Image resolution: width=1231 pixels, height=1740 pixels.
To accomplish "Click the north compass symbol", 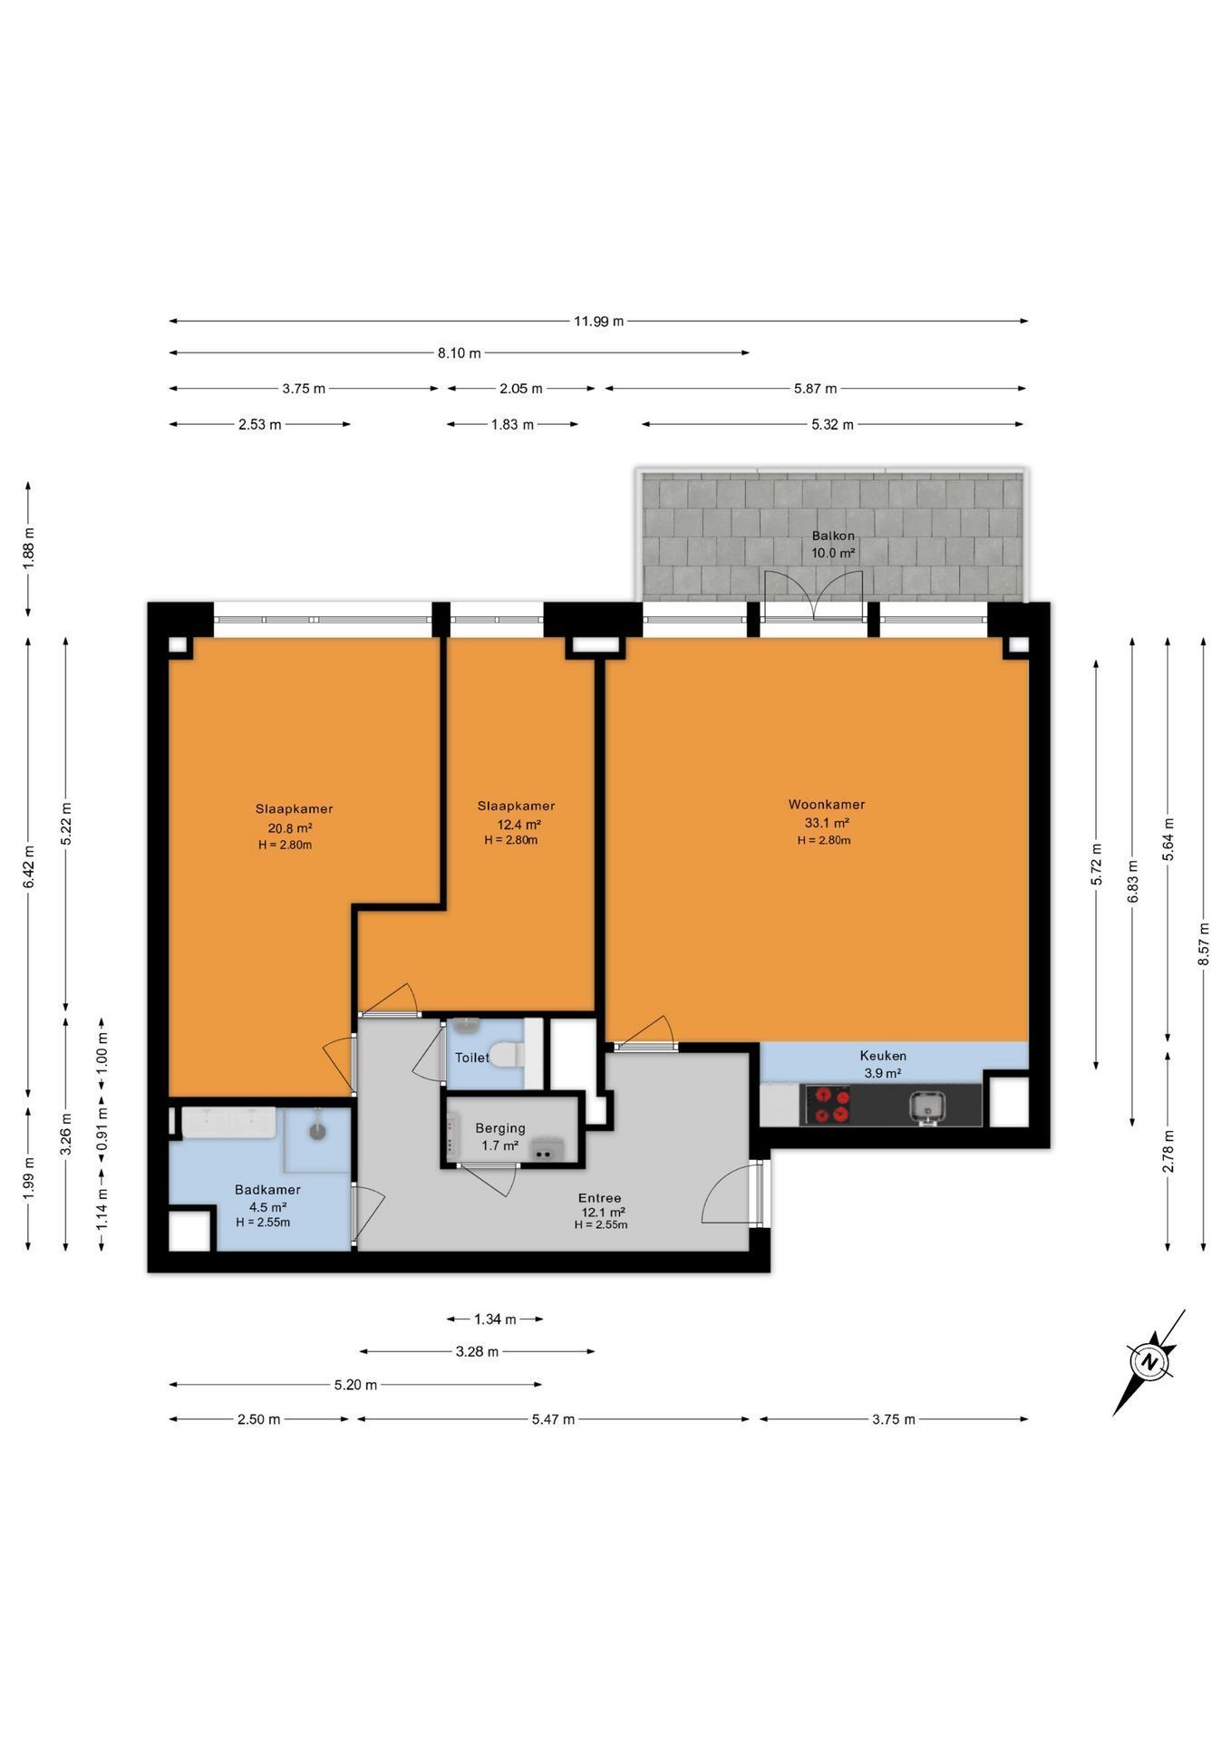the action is click(x=1149, y=1362).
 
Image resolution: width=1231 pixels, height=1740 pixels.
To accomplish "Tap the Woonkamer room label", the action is click(x=826, y=804).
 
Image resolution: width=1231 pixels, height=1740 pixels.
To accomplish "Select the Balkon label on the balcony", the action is click(x=833, y=536).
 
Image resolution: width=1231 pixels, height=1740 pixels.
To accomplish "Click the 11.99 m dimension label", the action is click(x=598, y=321).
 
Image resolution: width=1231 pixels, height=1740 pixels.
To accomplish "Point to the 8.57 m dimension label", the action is click(x=1203, y=944).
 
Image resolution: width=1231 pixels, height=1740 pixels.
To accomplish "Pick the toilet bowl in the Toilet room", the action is click(x=507, y=1055).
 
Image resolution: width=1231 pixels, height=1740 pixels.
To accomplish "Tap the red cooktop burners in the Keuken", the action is click(x=830, y=1105).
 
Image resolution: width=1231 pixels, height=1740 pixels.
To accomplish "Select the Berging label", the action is click(x=500, y=1128).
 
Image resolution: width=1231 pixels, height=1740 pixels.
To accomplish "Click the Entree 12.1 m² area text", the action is click(x=603, y=1212).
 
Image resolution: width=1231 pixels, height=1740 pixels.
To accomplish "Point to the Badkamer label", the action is click(x=267, y=1190).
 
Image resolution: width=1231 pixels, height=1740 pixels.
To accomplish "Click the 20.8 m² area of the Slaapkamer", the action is click(x=290, y=827).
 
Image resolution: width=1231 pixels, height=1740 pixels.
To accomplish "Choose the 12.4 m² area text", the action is click(x=519, y=825).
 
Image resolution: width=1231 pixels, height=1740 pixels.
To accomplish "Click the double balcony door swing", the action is click(x=813, y=594).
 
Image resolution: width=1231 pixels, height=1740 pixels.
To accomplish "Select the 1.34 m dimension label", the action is click(x=495, y=1319).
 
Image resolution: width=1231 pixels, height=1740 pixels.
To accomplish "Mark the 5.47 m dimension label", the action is click(x=553, y=1419).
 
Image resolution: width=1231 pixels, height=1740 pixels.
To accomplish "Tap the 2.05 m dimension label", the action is click(x=521, y=389).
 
